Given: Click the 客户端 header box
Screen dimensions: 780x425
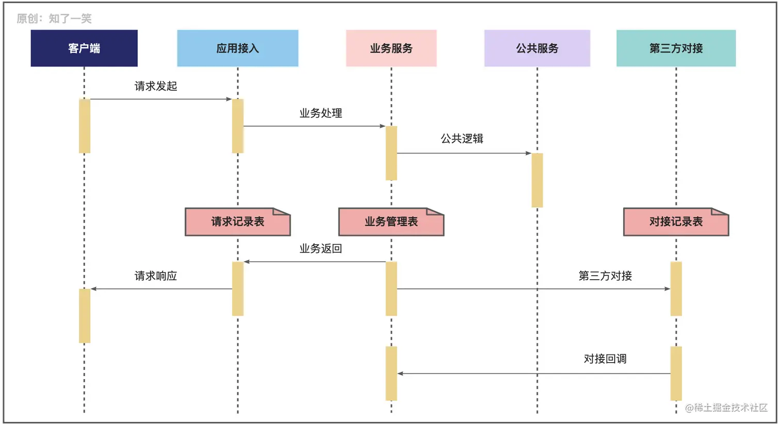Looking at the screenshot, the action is pyautogui.click(x=84, y=48).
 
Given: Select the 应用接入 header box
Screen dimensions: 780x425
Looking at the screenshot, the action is pyautogui.click(x=237, y=48).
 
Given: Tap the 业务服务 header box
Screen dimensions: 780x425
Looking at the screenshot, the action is pyautogui.click(x=391, y=48).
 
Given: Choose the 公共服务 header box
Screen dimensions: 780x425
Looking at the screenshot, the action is pyautogui.click(x=537, y=48).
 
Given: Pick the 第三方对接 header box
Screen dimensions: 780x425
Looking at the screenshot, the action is pyautogui.click(x=676, y=48).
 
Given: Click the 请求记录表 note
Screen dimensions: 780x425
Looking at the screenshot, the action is pyautogui.click(x=237, y=222).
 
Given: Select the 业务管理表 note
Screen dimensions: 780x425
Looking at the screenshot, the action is pyautogui.click(x=391, y=222).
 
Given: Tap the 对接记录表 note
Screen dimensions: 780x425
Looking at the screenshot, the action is pyautogui.click(x=676, y=222).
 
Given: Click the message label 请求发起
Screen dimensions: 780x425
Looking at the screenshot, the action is pyautogui.click(x=156, y=86).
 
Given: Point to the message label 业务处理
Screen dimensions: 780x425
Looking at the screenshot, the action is pyautogui.click(x=321, y=113).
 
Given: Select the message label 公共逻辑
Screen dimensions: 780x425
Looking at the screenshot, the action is pyautogui.click(x=462, y=139).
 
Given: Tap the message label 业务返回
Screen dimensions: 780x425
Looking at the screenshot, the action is pyautogui.click(x=321, y=248).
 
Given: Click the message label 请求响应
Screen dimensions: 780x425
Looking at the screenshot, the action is pyautogui.click(x=156, y=276).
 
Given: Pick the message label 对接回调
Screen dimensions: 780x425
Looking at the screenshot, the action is pyautogui.click(x=605, y=359).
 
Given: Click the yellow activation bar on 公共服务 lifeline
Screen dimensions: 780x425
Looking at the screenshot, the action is pyautogui.click(x=537, y=180).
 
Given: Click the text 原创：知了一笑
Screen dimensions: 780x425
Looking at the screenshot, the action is pyautogui.click(x=54, y=19).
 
